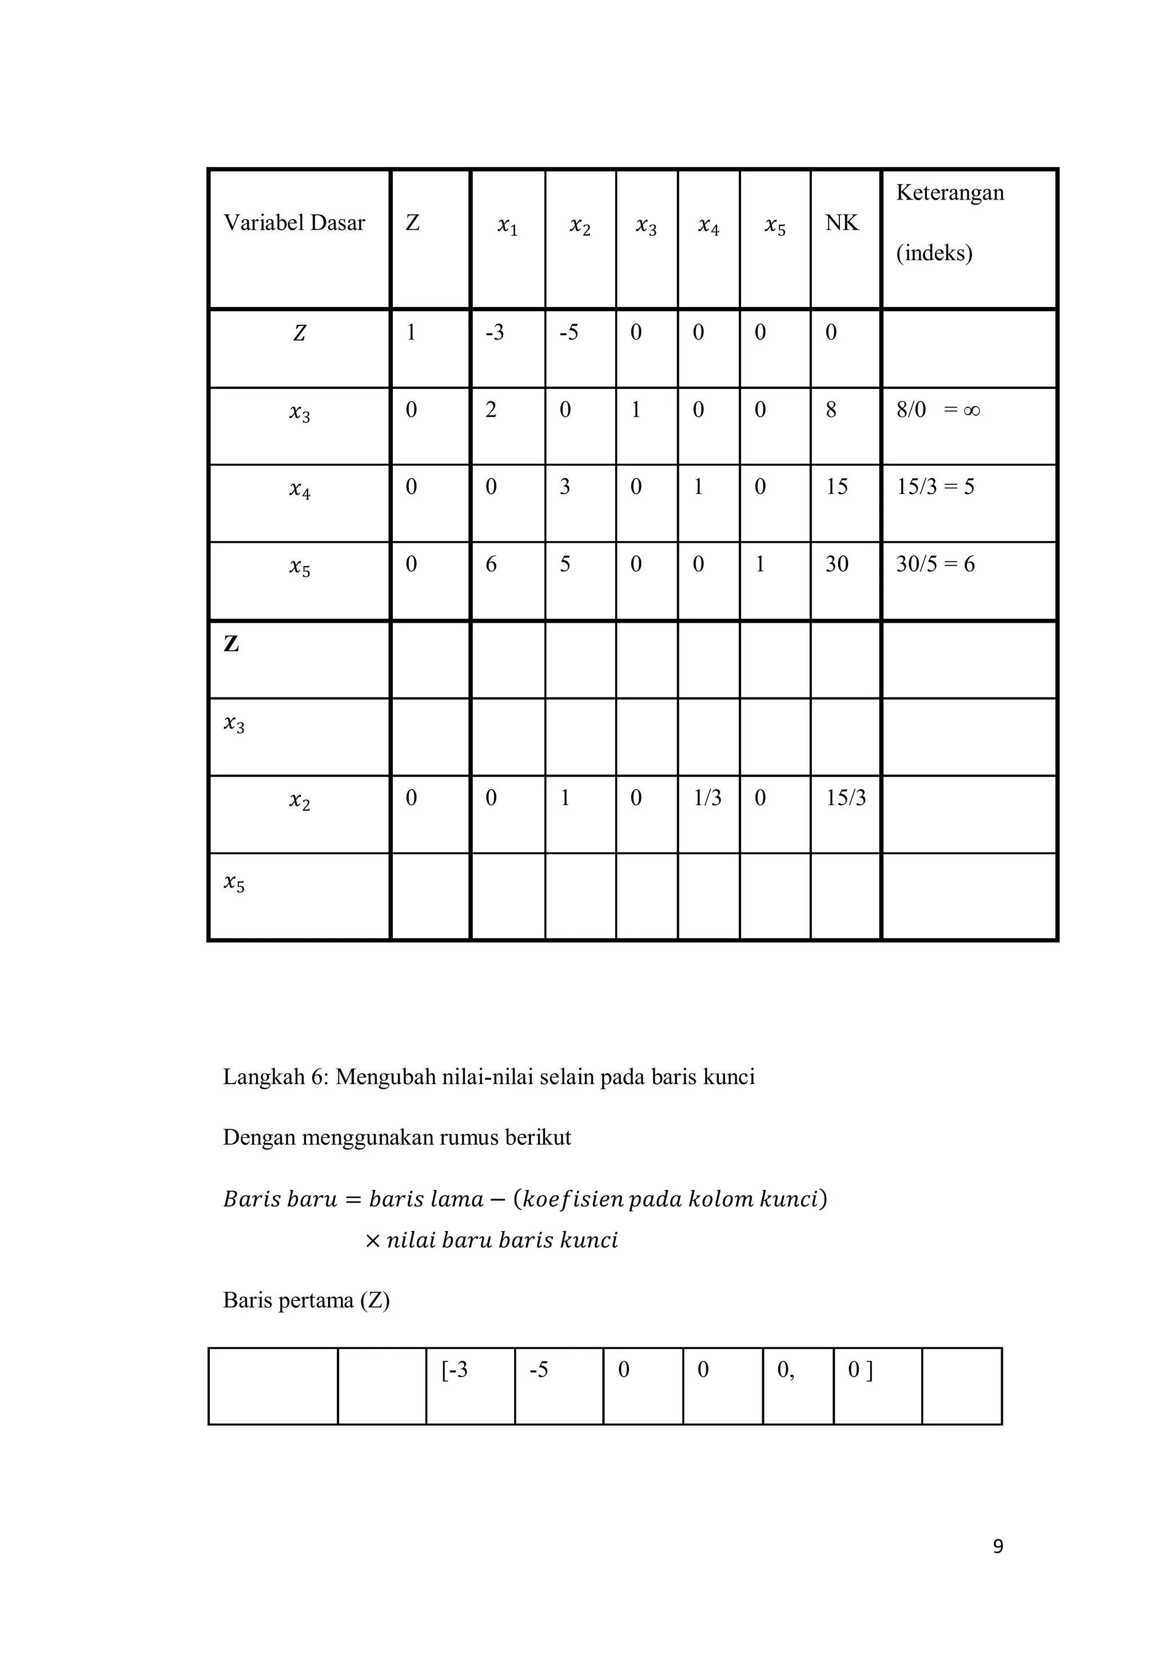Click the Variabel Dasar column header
click(294, 223)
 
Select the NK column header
click(842, 223)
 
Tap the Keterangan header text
click(950, 193)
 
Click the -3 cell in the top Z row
click(495, 332)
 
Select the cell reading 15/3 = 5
click(935, 487)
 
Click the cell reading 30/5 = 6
click(935, 564)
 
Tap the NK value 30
click(837, 564)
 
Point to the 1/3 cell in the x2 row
click(707, 798)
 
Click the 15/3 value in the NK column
click(846, 798)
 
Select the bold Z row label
click(232, 644)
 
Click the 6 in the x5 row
click(491, 564)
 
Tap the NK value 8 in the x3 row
click(831, 411)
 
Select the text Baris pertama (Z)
click(306, 1300)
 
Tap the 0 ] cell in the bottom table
click(860, 1370)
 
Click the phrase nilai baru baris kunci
click(502, 1240)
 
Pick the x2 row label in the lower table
click(299, 800)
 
